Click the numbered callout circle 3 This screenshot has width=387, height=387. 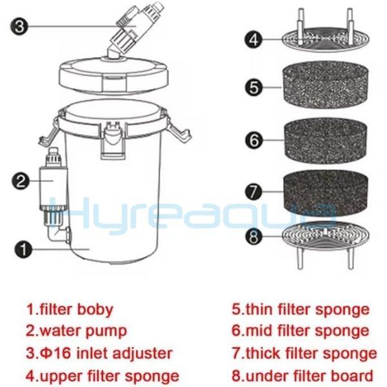click(19, 26)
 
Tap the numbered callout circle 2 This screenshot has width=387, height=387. click(21, 181)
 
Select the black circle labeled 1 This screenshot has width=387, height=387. click(24, 250)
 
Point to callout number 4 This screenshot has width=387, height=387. click(253, 39)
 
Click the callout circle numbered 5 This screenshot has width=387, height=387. click(254, 88)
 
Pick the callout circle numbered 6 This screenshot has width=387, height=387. click(254, 141)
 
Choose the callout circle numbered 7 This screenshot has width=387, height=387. click(253, 192)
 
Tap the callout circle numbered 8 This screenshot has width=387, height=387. click(253, 237)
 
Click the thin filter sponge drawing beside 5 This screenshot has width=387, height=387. click(326, 85)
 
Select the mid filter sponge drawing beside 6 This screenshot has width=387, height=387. click(326, 141)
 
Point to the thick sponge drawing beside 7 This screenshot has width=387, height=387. click(326, 192)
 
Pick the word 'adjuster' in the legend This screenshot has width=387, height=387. click(142, 353)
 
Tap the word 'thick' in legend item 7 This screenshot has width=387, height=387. click(259, 353)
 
